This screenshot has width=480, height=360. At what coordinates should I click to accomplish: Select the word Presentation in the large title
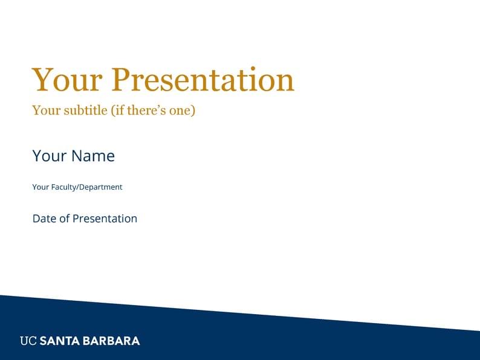point(203,80)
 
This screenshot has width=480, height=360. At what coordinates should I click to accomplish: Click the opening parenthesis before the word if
point(112,111)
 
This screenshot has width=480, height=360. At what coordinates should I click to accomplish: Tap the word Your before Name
point(49,156)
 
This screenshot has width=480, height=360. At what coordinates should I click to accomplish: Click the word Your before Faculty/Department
point(41,187)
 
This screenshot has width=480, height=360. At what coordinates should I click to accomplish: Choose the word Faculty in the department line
point(65,187)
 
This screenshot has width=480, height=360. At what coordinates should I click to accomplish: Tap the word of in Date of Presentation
point(64,219)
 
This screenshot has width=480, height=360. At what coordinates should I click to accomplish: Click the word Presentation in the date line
point(105,219)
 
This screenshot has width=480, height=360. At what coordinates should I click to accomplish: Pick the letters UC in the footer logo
point(28,341)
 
